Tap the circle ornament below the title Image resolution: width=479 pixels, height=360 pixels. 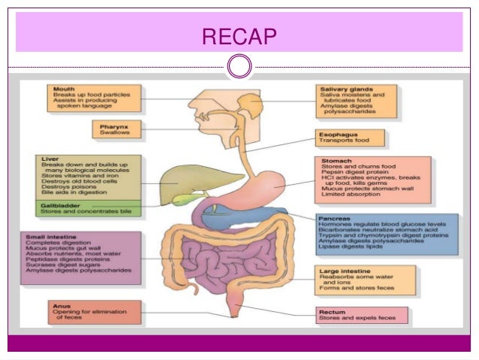tap(239, 67)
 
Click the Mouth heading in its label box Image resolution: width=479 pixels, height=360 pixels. tap(64, 89)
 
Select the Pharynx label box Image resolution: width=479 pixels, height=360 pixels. tap(115, 129)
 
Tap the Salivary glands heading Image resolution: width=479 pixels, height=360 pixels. tap(345, 89)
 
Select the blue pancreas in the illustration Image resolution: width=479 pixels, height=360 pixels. tap(248, 219)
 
